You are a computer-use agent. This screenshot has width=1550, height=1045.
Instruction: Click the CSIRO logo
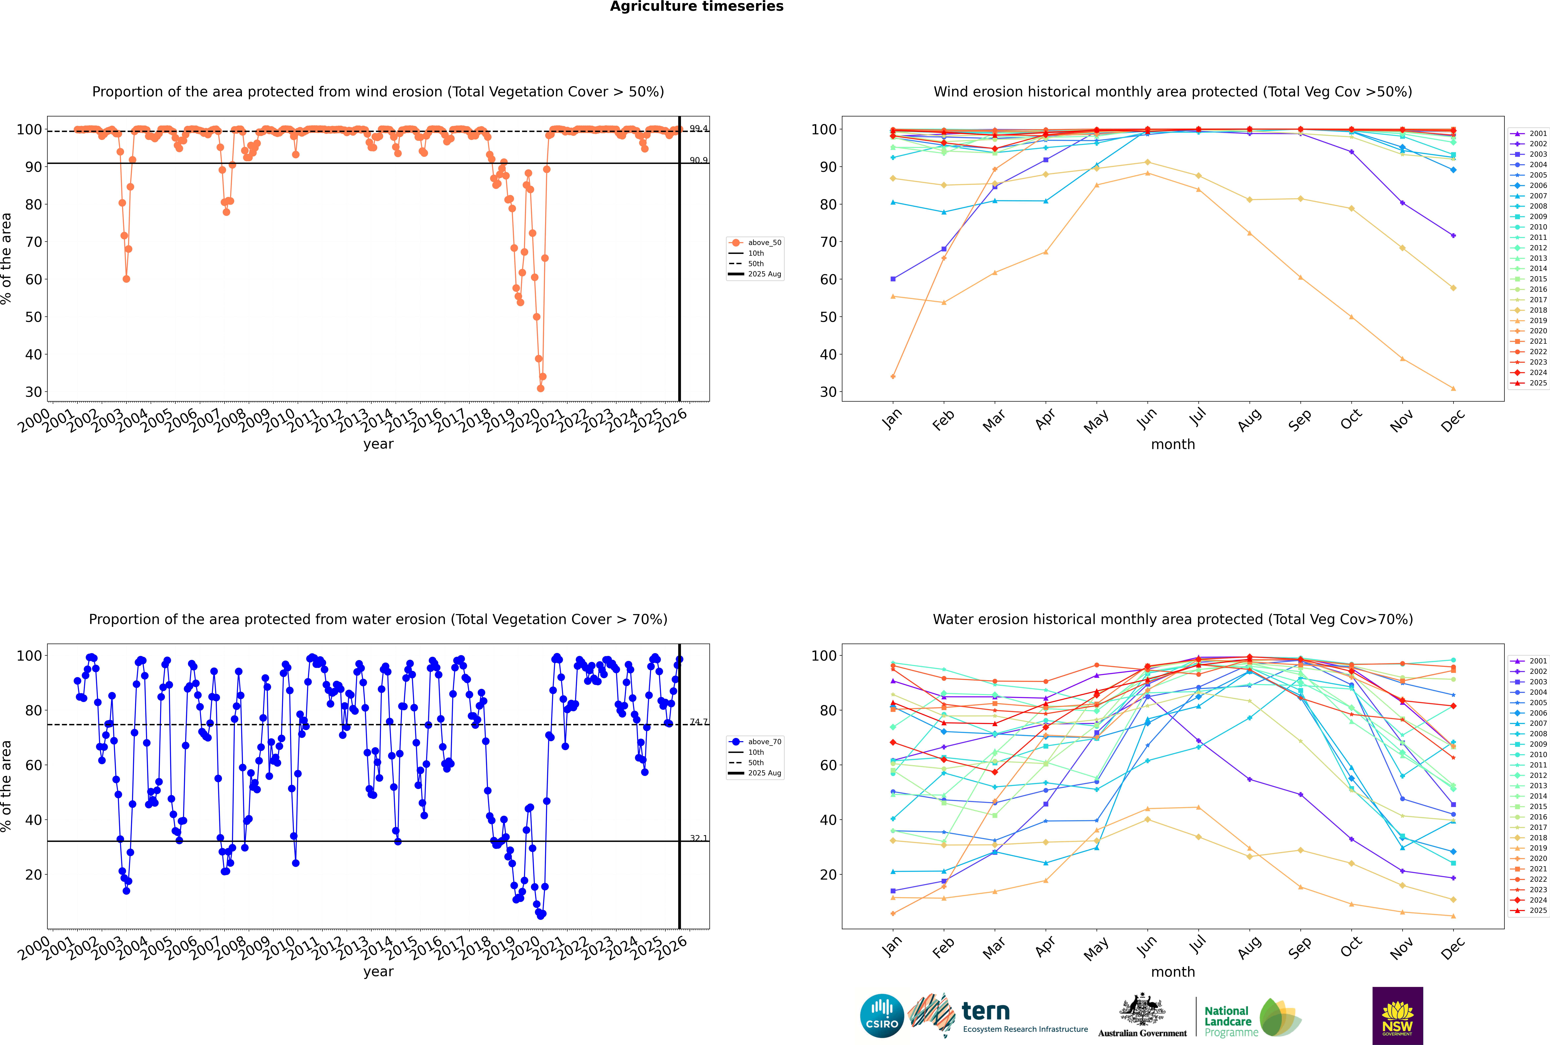point(882,1016)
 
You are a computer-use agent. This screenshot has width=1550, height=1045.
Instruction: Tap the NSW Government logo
point(1397,1015)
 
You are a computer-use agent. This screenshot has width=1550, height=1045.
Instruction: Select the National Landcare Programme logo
point(1252,1018)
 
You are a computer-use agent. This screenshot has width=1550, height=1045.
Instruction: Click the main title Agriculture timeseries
point(696,7)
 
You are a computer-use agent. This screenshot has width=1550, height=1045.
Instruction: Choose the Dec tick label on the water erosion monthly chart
point(1453,947)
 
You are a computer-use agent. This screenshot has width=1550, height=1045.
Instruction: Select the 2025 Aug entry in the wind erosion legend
point(764,274)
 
